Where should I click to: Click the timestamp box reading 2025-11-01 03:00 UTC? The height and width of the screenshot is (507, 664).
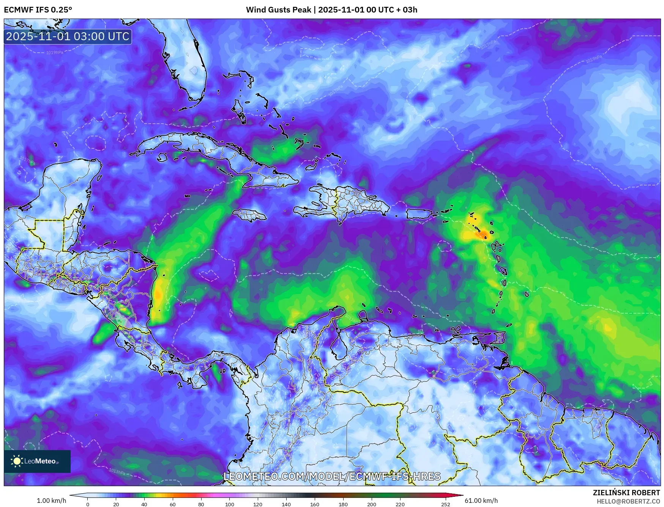[68, 36]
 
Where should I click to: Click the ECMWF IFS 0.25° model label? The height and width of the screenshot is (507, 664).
[38, 10]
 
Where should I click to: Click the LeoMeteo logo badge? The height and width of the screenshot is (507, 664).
[37, 461]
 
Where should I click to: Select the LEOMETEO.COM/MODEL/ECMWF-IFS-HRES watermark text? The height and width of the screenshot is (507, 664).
[332, 476]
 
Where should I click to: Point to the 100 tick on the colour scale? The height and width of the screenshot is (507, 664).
[229, 504]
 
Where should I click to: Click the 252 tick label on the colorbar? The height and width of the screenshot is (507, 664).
[446, 504]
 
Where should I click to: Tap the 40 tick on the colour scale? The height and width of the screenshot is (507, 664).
[144, 504]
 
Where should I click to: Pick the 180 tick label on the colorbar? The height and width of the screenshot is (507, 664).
[343, 504]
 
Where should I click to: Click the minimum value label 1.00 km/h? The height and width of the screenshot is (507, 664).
[52, 501]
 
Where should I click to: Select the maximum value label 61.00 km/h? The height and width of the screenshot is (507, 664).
[481, 501]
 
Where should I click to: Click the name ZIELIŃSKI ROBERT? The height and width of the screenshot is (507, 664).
[626, 493]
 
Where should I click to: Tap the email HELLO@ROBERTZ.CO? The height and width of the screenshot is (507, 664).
[628, 501]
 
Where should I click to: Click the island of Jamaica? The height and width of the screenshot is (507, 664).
[249, 216]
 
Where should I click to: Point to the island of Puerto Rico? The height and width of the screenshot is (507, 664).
[419, 214]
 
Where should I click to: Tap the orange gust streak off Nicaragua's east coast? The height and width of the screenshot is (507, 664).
[158, 294]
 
